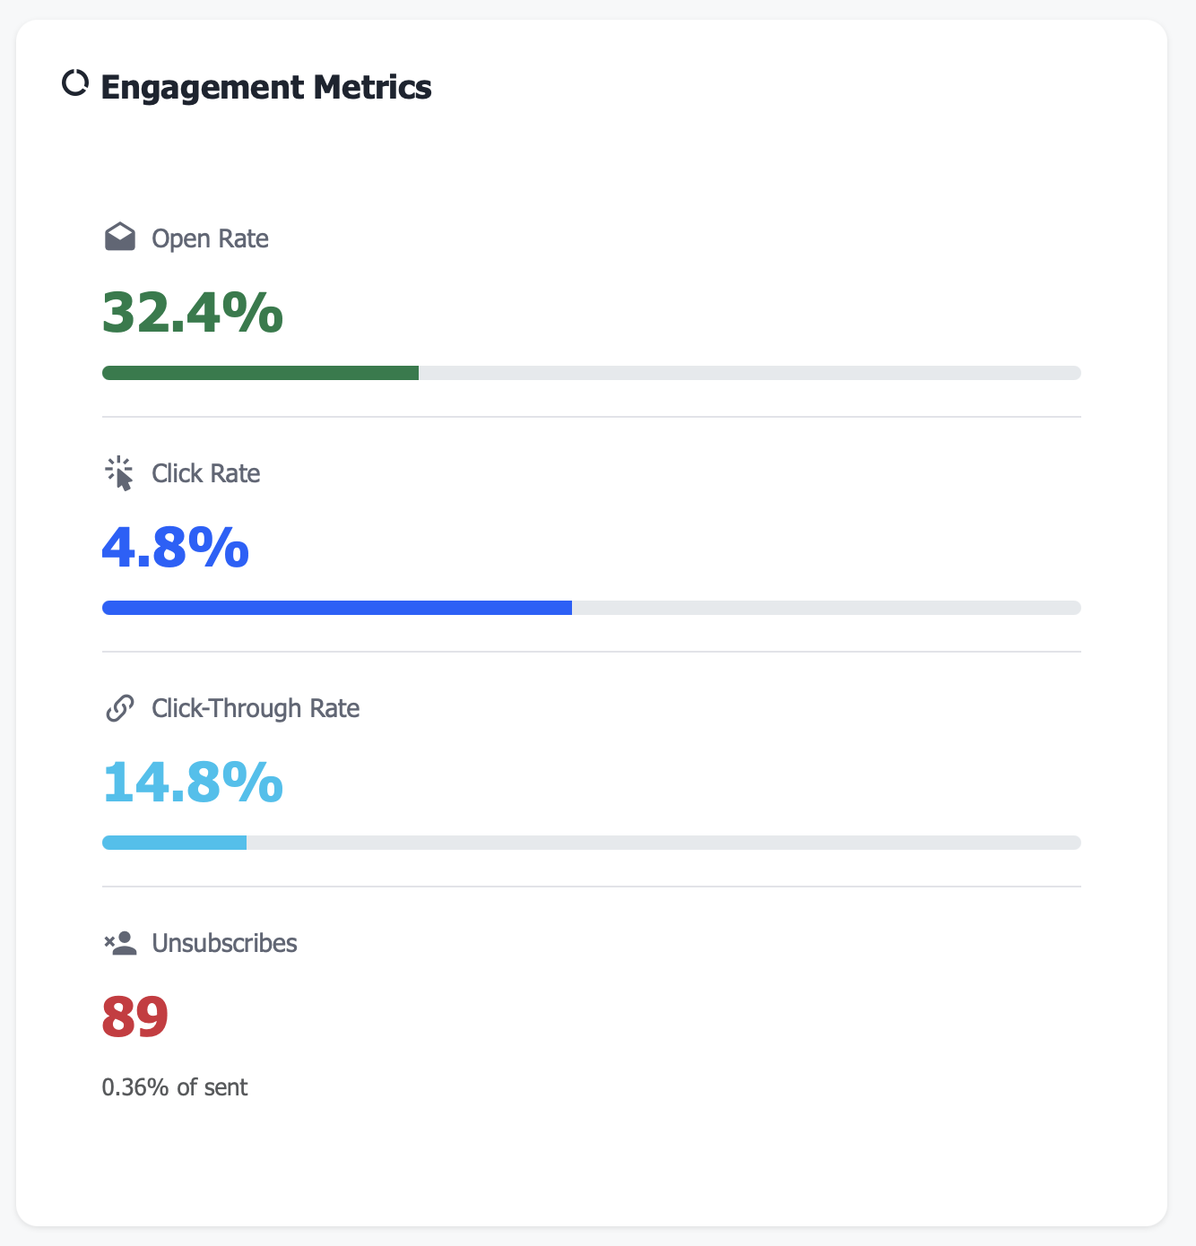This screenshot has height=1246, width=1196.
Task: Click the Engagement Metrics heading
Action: coord(265,87)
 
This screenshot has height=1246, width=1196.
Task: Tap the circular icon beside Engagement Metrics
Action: coord(74,83)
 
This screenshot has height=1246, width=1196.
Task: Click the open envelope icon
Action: coord(120,238)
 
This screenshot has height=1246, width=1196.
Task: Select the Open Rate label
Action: coord(210,238)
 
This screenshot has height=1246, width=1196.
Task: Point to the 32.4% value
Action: coord(193,313)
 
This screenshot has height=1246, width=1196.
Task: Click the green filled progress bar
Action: coord(260,373)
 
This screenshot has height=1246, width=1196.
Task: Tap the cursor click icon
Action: coord(119,473)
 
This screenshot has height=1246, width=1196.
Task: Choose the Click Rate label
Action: coord(205,473)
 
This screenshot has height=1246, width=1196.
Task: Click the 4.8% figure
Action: coord(176,548)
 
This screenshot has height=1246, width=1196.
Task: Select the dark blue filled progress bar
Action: coord(337,608)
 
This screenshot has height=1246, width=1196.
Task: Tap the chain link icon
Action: coord(120,708)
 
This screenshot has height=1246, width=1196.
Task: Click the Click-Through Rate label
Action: coord(256,708)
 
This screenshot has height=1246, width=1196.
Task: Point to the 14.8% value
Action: coord(193,783)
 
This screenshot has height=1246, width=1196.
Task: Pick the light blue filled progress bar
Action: coord(174,843)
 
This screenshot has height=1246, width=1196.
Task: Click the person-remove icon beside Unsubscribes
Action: coord(120,943)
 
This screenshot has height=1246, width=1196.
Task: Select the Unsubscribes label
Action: coord(224,943)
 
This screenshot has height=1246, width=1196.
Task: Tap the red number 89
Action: coord(135,1017)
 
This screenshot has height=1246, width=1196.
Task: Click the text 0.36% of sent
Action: coord(175,1087)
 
